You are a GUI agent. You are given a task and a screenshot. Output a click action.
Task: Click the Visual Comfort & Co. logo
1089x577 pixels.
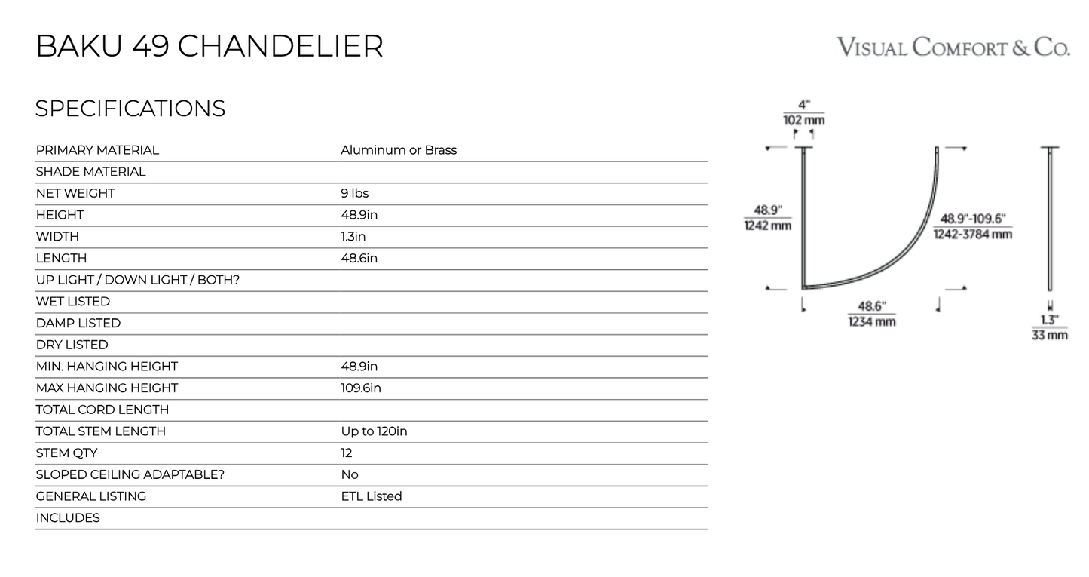coord(953,48)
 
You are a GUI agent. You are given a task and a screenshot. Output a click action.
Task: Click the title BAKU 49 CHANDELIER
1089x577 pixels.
coord(210,46)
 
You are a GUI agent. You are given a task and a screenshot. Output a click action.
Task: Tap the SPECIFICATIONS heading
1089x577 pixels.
coord(130,108)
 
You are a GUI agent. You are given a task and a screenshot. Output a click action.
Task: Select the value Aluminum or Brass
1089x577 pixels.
coord(399,150)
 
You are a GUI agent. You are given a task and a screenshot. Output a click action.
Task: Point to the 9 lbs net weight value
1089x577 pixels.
coord(354,193)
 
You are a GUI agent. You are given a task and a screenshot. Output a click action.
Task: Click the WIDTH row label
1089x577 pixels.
coord(57,236)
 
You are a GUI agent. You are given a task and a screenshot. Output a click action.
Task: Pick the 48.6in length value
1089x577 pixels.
coord(359,258)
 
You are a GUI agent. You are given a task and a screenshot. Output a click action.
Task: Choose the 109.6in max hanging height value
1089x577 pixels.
coord(361,388)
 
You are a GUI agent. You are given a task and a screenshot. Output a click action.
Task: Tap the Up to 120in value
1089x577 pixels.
coord(374,431)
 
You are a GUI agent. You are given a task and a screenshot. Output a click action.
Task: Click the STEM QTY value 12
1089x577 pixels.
coord(346,453)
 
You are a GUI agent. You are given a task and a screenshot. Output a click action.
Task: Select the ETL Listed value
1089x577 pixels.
coord(372,496)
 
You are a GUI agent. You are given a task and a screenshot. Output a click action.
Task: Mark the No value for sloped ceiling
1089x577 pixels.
coord(350,474)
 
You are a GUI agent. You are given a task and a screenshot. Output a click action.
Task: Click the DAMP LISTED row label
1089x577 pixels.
coord(78,323)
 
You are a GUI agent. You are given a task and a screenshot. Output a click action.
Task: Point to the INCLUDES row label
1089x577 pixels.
coord(68,517)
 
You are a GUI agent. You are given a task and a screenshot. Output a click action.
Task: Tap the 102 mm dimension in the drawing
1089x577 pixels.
coord(803,120)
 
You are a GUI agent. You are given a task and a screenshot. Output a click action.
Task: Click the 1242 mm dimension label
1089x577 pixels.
coord(768,226)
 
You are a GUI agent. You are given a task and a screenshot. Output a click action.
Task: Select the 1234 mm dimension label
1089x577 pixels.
coord(872,321)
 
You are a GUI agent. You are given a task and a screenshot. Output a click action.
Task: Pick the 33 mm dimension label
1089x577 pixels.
coord(1050,335)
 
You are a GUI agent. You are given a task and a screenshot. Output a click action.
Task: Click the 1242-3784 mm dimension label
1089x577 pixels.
coord(972,235)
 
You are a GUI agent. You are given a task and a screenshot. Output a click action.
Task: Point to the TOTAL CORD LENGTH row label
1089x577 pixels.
coord(102,410)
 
